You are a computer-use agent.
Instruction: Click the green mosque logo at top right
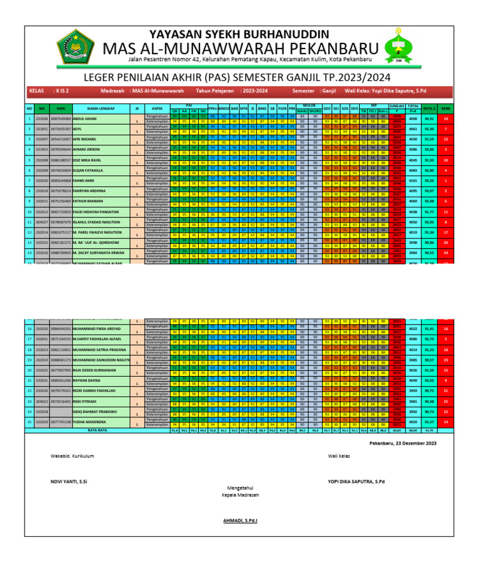pyautogui.click(x=399, y=47)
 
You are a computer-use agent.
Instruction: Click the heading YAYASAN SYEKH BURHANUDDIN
pyautogui.click(x=238, y=33)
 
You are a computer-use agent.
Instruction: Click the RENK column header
pyautogui.click(x=445, y=108)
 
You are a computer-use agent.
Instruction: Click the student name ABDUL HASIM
pyautogui.click(x=85, y=118)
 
